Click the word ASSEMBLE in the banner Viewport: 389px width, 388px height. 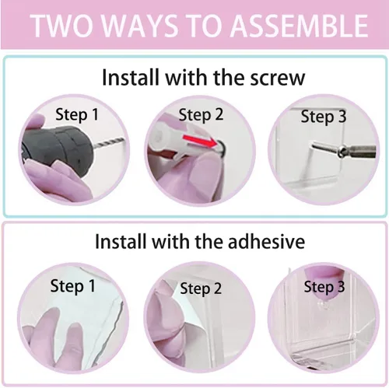pos(300,26)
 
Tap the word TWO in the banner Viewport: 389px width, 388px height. pos(62,26)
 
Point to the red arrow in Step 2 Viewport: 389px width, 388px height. pos(201,140)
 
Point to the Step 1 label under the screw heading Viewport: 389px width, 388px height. pos(77,114)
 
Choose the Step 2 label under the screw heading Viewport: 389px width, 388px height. pos(201,114)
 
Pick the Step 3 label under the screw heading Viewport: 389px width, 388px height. pos(324,117)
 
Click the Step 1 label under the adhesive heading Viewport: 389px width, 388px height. pos(72,286)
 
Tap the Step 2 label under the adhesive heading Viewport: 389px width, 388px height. pos(201,288)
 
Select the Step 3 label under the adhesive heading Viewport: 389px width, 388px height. pos(324,287)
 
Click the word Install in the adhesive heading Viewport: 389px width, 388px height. pos(120,242)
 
